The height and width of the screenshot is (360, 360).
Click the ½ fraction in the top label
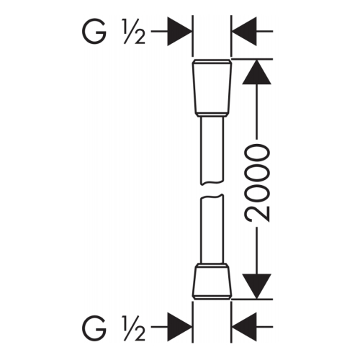tap(135, 32)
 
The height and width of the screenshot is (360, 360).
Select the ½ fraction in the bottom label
tap(135, 328)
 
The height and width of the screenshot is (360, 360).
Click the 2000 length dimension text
tap(257, 183)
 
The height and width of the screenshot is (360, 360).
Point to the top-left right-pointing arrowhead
tap(179, 32)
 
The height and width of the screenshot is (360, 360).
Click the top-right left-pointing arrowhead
tap(244, 32)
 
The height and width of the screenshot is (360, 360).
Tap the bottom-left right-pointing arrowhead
tap(179, 327)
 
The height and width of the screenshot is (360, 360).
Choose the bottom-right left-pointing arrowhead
tap(244, 327)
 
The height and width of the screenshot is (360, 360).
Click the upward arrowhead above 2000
tap(257, 72)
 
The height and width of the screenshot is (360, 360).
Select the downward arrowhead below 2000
tap(257, 287)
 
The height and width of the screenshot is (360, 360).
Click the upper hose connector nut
tap(212, 88)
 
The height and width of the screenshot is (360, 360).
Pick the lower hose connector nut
tap(212, 282)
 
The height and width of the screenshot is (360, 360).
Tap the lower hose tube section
tap(212, 229)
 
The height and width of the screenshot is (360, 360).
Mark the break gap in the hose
tap(212, 190)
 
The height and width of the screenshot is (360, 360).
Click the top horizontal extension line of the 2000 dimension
tap(252, 58)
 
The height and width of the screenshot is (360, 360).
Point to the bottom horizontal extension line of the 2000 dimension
tap(252, 300)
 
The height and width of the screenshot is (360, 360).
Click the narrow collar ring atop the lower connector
tap(212, 266)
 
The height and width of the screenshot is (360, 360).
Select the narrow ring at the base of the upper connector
tap(212, 114)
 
